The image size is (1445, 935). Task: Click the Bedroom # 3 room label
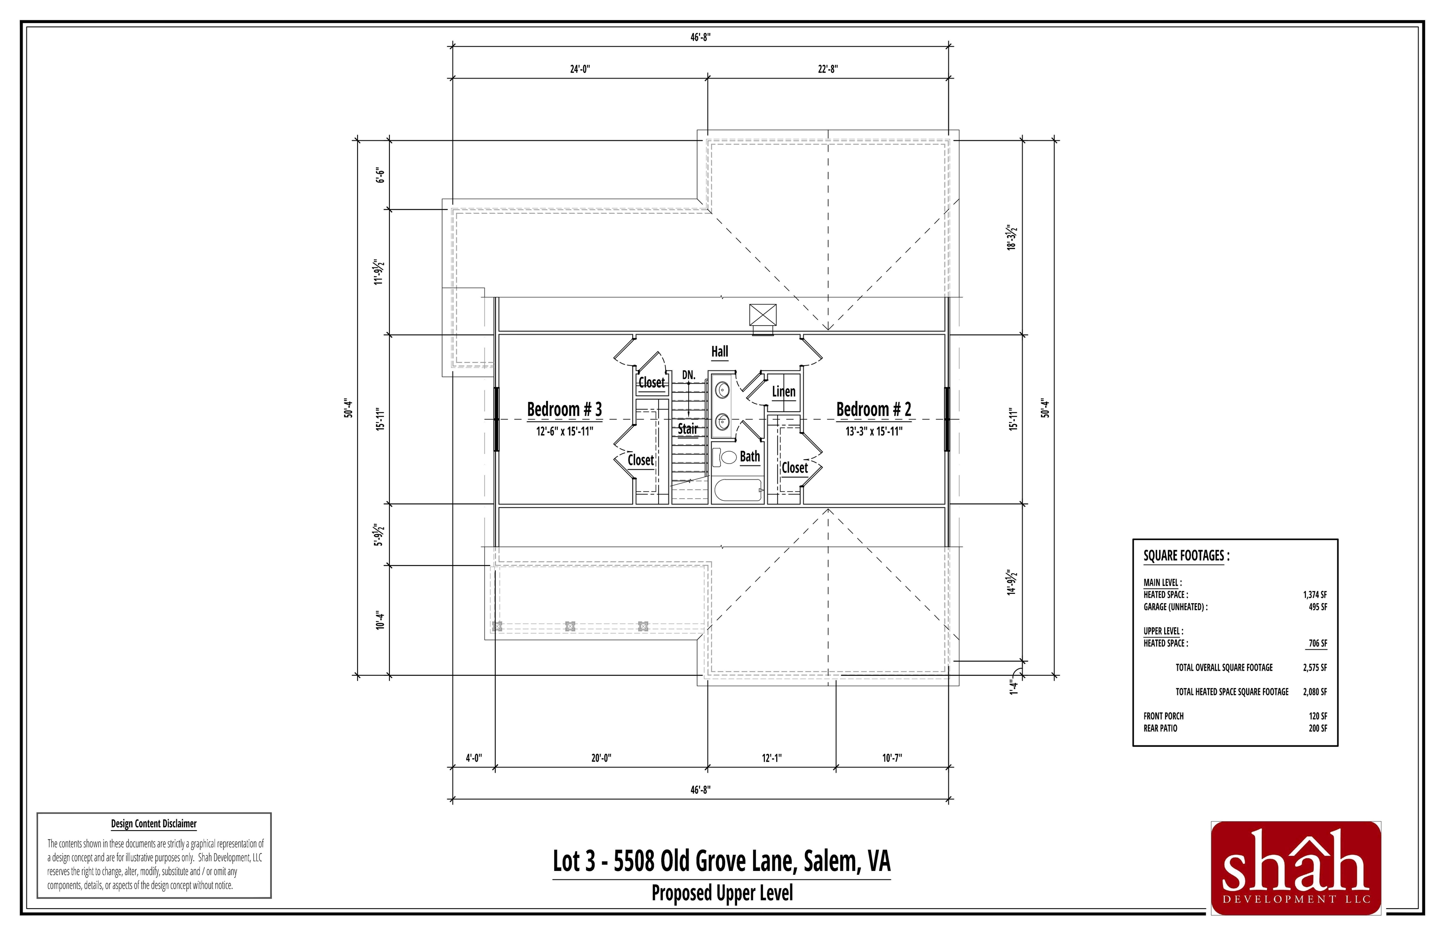(x=564, y=409)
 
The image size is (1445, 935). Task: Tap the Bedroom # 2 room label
(x=873, y=409)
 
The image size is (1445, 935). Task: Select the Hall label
(x=720, y=352)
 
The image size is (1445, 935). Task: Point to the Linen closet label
(x=784, y=392)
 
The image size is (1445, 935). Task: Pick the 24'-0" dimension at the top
(x=580, y=69)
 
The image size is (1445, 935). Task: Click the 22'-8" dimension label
(x=828, y=69)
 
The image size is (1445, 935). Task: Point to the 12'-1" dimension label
(x=771, y=758)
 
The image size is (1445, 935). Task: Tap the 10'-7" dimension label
(x=892, y=758)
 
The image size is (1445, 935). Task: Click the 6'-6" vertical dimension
(x=381, y=176)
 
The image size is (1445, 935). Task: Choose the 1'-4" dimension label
(x=1013, y=687)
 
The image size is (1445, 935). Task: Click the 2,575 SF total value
(x=1315, y=667)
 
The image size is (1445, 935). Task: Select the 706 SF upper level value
(x=1318, y=643)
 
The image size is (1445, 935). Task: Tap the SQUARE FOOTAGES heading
(x=1186, y=556)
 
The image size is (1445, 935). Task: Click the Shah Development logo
(x=1296, y=868)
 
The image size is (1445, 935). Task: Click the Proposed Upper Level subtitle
(x=722, y=893)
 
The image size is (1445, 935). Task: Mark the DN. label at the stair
(x=688, y=375)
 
